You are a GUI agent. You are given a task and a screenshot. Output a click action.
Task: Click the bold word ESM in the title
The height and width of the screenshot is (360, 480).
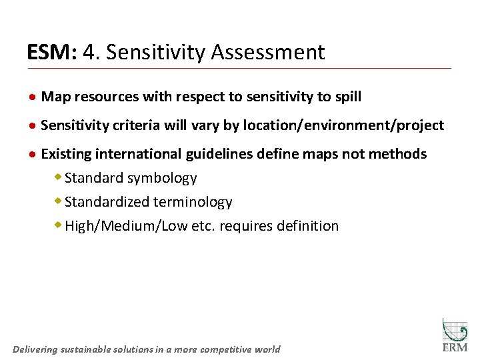pos(51,52)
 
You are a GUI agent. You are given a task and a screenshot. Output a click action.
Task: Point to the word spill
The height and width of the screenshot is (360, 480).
pos(347,97)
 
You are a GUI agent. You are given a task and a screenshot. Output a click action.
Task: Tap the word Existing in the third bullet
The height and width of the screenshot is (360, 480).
pos(65,154)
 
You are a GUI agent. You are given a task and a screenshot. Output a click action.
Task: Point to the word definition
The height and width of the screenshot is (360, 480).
pos(306,226)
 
